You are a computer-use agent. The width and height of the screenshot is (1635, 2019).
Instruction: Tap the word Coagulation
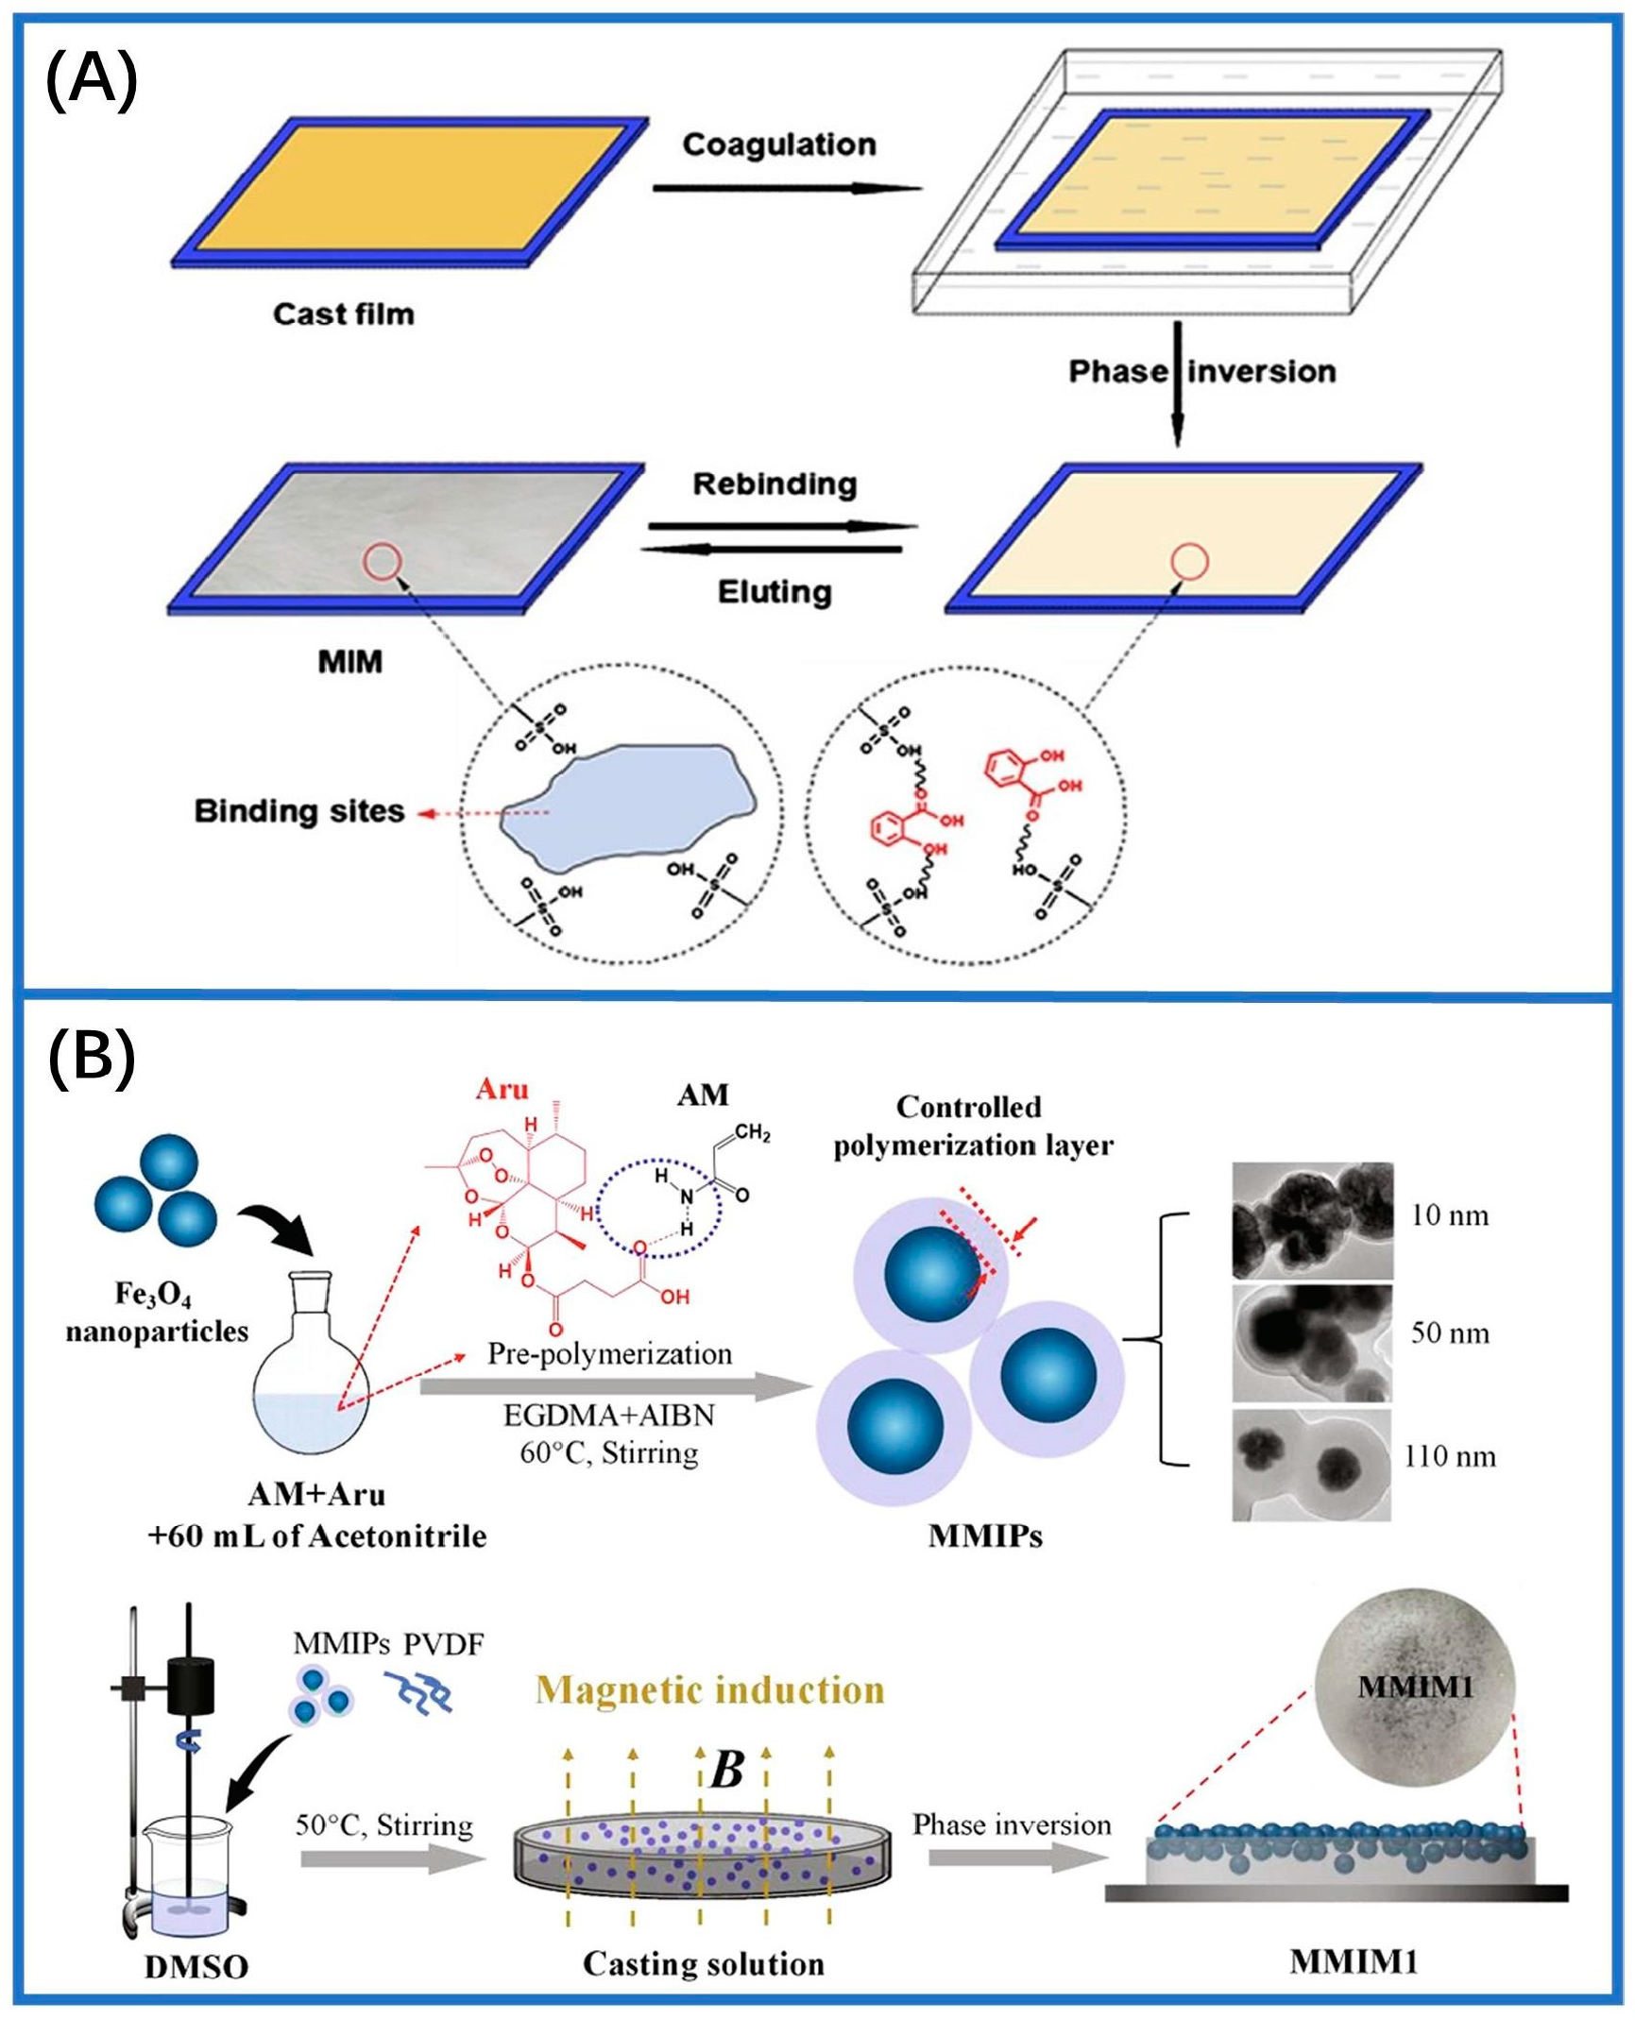pos(779,144)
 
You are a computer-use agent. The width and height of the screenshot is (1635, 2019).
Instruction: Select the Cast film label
pos(344,314)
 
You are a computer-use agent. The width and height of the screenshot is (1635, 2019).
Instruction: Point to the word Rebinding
pos(775,484)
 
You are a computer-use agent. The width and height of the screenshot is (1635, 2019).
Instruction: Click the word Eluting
pos(775,592)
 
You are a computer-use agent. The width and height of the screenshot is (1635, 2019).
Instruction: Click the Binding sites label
pos(299,811)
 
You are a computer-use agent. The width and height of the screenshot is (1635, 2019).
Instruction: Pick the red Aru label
pos(502,1089)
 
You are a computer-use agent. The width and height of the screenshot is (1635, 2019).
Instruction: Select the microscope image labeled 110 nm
pos(1311,1465)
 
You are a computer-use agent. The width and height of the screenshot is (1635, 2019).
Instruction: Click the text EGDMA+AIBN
pos(609,1415)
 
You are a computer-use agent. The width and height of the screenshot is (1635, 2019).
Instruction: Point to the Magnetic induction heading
pos(709,1688)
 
